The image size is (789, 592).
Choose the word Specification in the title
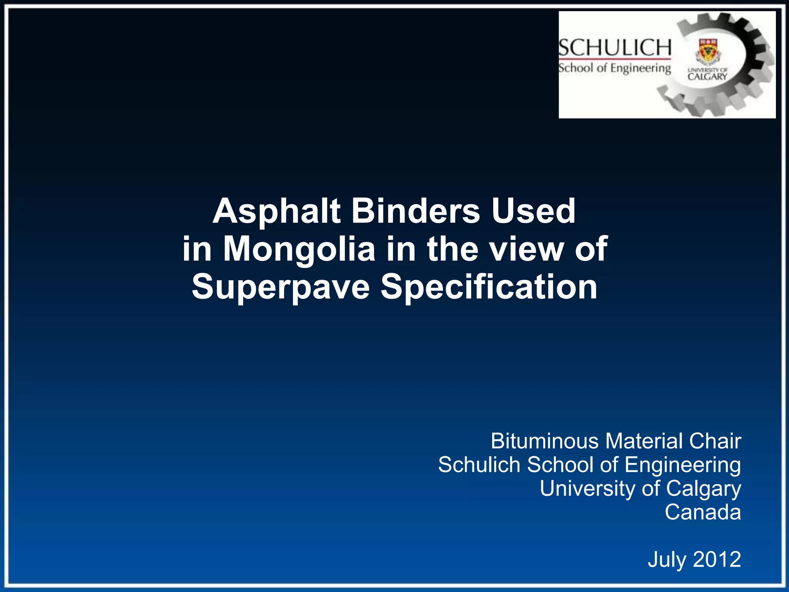(489, 287)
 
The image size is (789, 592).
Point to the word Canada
(703, 512)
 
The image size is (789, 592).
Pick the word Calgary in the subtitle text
(703, 489)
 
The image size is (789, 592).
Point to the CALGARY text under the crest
(707, 76)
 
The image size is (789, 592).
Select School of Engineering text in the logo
(615, 68)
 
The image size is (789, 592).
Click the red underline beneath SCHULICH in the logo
(615, 59)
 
